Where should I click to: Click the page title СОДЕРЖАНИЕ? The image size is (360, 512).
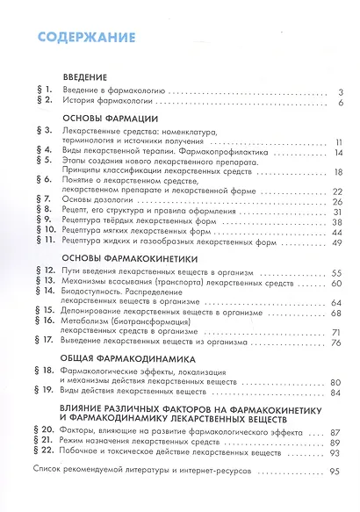coord(79,37)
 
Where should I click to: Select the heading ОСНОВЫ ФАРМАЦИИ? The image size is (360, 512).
coord(109,117)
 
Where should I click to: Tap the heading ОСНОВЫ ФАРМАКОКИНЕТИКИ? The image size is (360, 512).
coord(129,260)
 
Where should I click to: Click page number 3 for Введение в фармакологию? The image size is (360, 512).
coord(339,90)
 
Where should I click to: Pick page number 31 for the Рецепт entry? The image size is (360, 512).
coord(336,213)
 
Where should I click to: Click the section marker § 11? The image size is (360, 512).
coord(45,242)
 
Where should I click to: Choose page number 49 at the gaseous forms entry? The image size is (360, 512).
coord(335,242)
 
